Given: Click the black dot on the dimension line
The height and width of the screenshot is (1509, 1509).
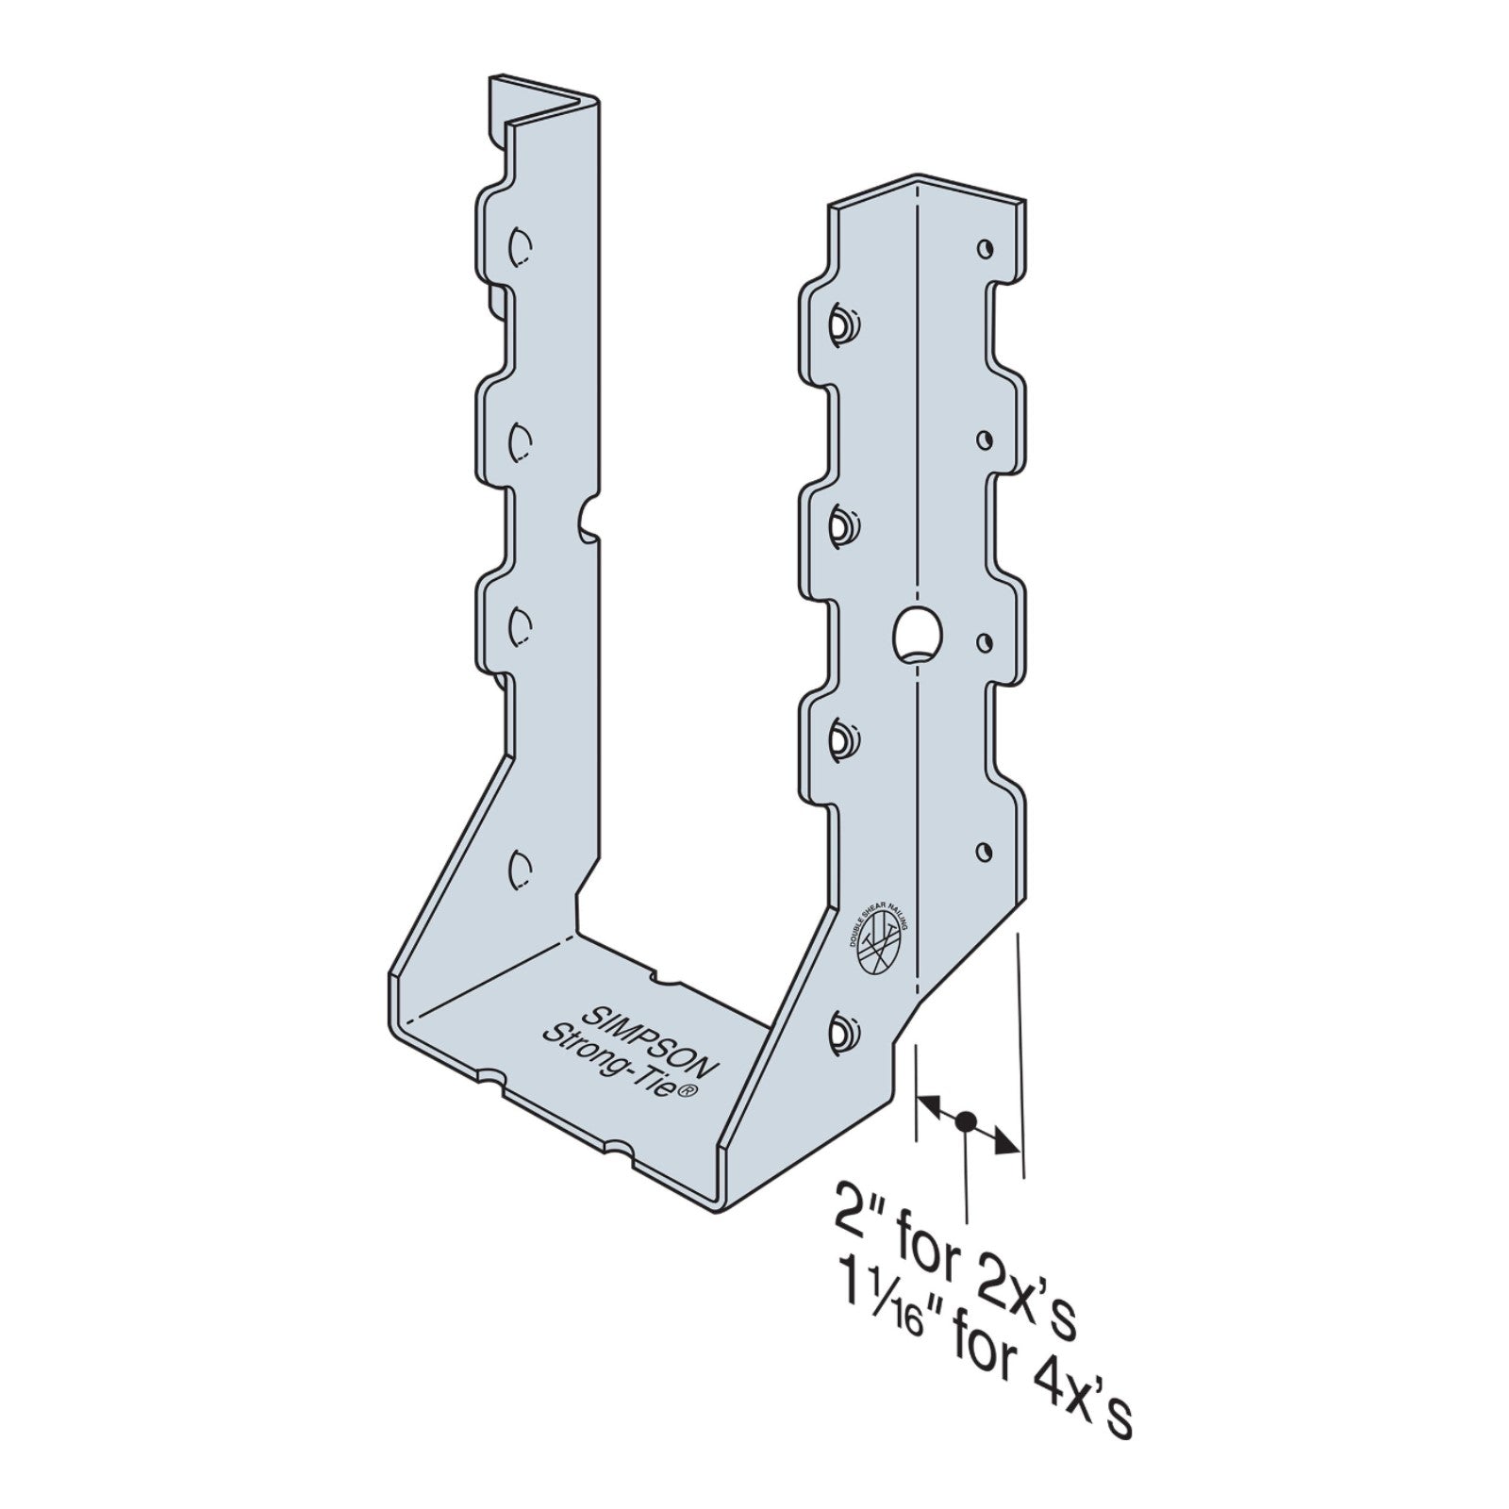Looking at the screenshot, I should (965, 1122).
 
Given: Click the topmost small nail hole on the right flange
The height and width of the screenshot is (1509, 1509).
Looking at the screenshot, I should (985, 249).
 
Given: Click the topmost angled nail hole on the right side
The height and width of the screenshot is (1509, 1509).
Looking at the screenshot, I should (838, 326).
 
